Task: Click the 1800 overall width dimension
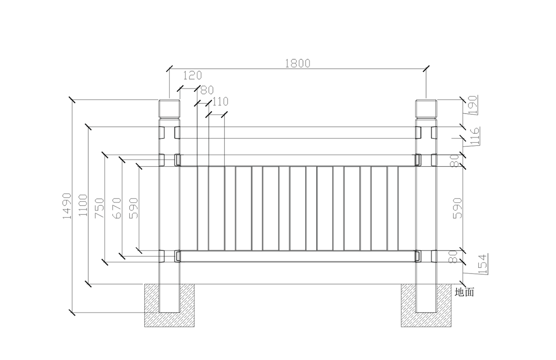pyautogui.click(x=297, y=63)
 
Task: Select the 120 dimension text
pyautogui.click(x=192, y=76)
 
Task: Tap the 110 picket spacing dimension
pyautogui.click(x=220, y=101)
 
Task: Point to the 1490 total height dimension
pyautogui.click(x=66, y=206)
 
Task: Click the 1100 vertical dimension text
pyautogui.click(x=83, y=205)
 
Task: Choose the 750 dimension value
pyautogui.click(x=100, y=208)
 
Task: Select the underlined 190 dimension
pyautogui.click(x=474, y=105)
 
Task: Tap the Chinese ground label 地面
pyautogui.click(x=464, y=292)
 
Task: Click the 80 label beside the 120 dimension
pyautogui.click(x=207, y=90)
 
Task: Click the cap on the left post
pyautogui.click(x=169, y=109)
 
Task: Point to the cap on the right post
pyautogui.click(x=426, y=109)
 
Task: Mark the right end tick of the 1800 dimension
pyautogui.click(x=426, y=69)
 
